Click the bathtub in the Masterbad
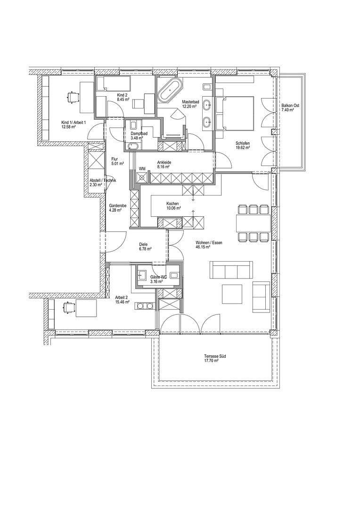click(170, 91)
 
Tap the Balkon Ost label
click(287, 106)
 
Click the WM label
click(141, 168)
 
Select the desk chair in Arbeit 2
click(70, 308)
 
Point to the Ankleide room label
click(164, 162)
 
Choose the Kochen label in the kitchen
click(172, 204)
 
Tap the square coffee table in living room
click(232, 294)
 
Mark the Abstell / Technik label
click(102, 181)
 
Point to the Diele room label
click(143, 244)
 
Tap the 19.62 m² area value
click(243, 148)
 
